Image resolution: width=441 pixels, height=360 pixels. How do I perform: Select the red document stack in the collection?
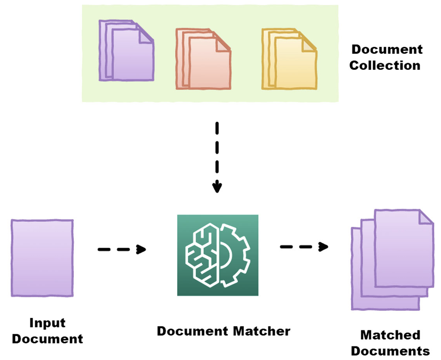tap(203, 58)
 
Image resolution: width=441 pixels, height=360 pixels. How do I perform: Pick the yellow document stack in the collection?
tap(290, 58)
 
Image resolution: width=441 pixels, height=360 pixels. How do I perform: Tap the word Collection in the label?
tap(385, 65)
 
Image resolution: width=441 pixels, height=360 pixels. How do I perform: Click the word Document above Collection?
tap(387, 50)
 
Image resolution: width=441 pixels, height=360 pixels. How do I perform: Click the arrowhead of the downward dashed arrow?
tap(217, 187)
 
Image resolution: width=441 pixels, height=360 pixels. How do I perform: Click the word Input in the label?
tap(47, 323)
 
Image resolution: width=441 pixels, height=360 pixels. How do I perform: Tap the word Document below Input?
tap(47, 339)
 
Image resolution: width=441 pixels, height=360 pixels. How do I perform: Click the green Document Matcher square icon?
tap(218, 255)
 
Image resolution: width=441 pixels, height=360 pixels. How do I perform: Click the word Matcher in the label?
tap(262, 331)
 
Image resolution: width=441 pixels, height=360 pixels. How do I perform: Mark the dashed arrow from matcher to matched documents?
tap(304, 247)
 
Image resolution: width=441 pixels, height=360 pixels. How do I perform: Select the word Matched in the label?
tap(390, 335)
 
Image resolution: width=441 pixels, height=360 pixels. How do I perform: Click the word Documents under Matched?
tap(390, 351)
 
